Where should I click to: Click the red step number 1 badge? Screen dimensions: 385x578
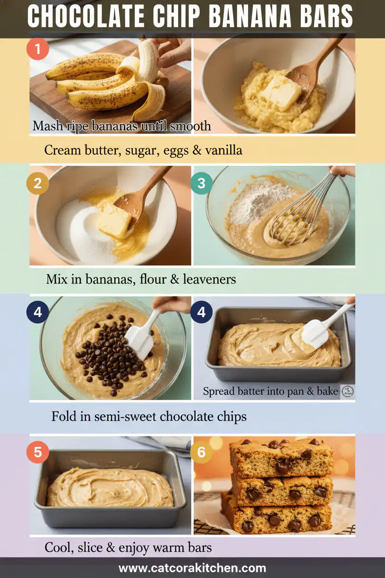pos(37,49)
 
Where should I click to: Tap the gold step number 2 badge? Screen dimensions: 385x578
pos(37,183)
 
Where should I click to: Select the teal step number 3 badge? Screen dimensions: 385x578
pos(201,183)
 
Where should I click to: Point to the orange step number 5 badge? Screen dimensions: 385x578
pos(37,452)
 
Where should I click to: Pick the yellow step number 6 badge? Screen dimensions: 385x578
pos(201,452)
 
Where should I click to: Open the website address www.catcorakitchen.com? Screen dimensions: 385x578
pos(192,568)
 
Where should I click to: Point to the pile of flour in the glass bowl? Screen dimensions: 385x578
pos(261,201)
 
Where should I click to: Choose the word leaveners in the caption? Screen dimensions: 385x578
pos(210,279)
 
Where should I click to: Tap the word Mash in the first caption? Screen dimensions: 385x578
pos(48,126)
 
